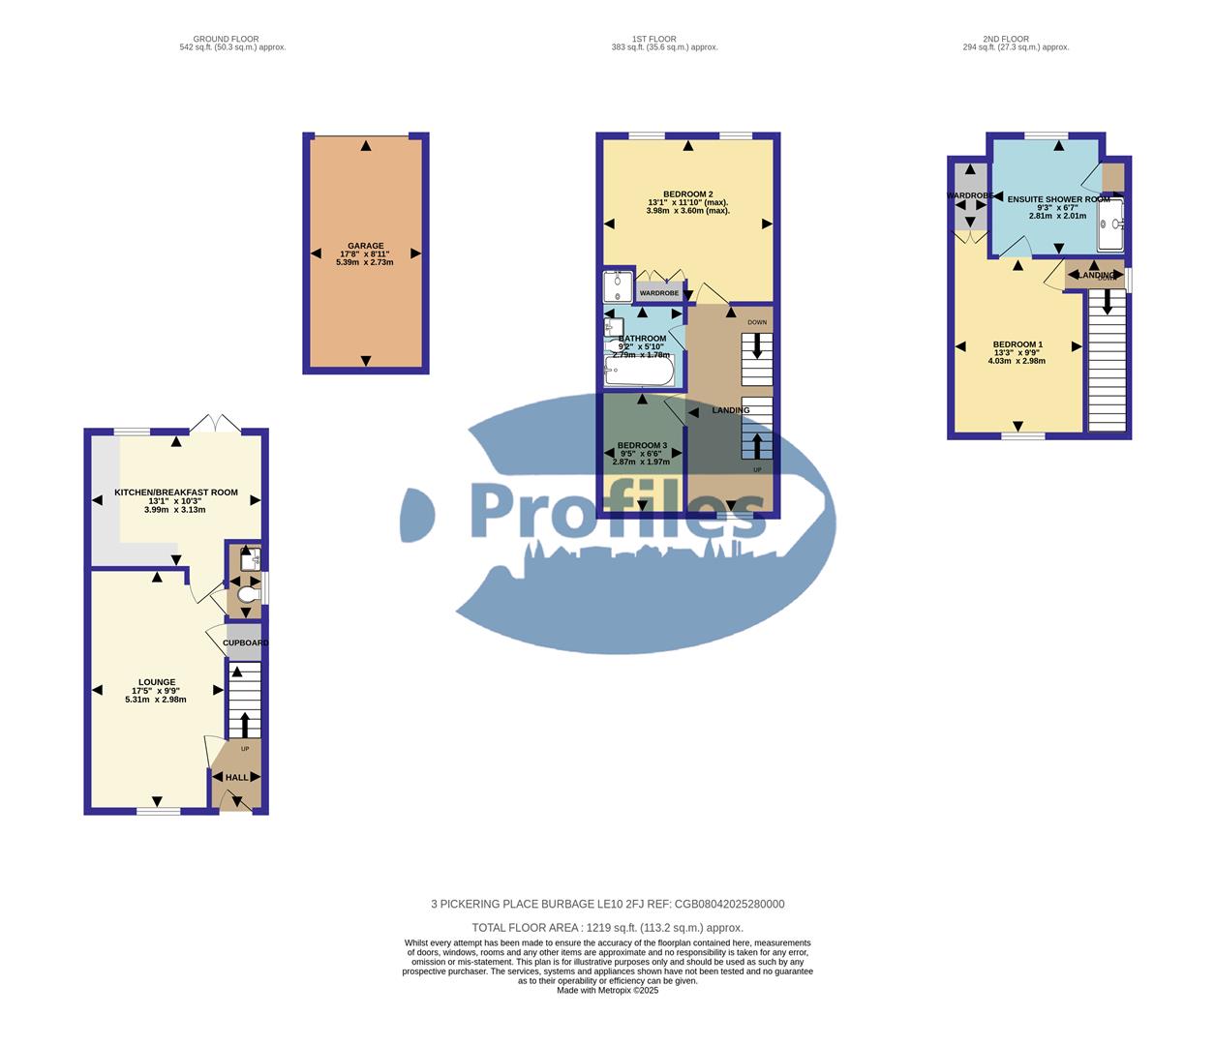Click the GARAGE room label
(x=366, y=246)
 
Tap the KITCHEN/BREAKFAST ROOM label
(x=175, y=493)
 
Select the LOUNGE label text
(x=156, y=682)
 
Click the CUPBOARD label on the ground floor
(x=245, y=642)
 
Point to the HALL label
(x=236, y=777)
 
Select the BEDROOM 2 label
(x=687, y=194)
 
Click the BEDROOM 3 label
(x=642, y=445)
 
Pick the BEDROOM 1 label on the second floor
(x=1018, y=344)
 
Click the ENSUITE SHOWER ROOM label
(x=1058, y=199)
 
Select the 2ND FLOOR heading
(x=1006, y=40)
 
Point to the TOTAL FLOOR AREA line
(x=607, y=927)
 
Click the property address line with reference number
(x=607, y=905)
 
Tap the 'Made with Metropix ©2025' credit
(x=607, y=990)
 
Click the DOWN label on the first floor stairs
(x=757, y=322)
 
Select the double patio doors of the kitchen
(x=216, y=425)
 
